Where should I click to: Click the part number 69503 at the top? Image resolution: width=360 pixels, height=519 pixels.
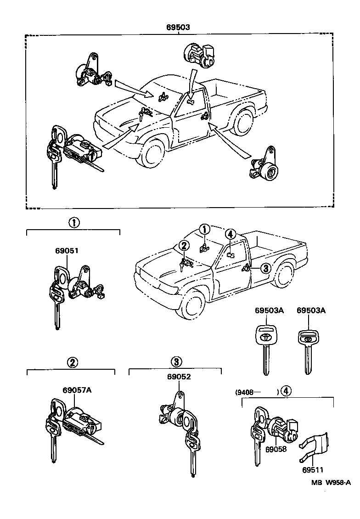(178, 27)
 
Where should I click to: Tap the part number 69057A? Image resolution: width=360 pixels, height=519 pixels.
(77, 390)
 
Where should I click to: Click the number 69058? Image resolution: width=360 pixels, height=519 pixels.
(276, 449)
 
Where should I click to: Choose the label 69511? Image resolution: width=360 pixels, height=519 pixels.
(312, 469)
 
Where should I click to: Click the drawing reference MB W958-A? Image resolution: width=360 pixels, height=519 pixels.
(331, 482)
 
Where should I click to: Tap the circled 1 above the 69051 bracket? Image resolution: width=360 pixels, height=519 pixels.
(74, 223)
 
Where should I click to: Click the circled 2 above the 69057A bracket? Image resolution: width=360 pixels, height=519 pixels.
(72, 362)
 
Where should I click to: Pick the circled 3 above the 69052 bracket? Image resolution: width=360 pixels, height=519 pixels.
(177, 361)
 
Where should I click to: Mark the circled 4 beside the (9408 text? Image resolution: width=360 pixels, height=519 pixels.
(285, 391)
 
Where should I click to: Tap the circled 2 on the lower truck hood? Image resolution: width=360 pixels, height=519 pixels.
(184, 246)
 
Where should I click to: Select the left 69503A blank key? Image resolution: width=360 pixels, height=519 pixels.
(266, 349)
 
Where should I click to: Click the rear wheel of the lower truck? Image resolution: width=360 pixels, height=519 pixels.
(284, 273)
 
